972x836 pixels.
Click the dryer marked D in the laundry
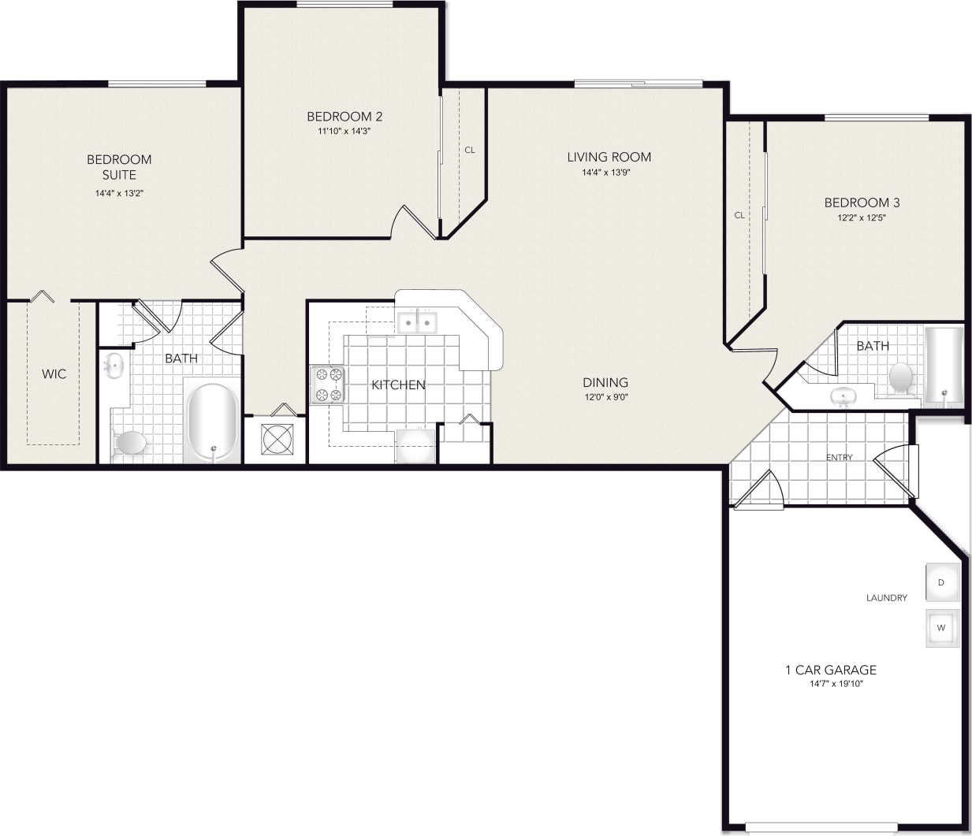coord(941,582)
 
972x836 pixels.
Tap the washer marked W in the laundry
coord(941,628)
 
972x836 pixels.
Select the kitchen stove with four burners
coord(328,385)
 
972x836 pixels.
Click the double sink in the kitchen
coord(416,322)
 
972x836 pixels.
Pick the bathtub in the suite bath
coord(212,422)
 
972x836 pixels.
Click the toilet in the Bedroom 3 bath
coord(900,377)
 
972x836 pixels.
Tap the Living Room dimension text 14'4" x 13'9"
coord(605,172)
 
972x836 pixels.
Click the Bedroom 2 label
coord(344,117)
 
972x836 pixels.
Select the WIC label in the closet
coord(54,373)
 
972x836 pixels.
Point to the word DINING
coord(605,382)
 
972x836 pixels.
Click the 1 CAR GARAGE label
coord(831,670)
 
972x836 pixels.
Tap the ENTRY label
coord(839,457)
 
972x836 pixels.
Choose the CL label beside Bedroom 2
coord(470,150)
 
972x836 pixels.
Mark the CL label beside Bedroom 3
coord(739,215)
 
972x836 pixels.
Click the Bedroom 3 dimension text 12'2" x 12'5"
coord(861,217)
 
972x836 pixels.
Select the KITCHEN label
coord(398,385)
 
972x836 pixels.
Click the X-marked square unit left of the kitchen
coord(277,439)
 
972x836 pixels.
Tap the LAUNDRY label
coord(886,597)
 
